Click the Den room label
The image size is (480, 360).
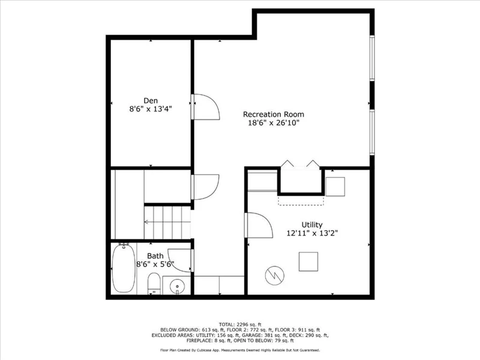click(151, 101)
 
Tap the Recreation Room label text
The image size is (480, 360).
click(274, 115)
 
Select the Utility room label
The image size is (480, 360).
click(312, 225)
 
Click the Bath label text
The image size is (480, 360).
click(155, 256)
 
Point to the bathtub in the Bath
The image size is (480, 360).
click(124, 268)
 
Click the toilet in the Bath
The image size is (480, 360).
click(154, 283)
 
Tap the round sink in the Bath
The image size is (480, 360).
click(177, 286)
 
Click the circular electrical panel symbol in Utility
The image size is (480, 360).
click(275, 275)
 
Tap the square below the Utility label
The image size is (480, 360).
click(308, 262)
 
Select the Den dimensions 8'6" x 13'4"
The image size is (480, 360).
click(151, 109)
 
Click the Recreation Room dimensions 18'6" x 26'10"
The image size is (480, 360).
click(274, 123)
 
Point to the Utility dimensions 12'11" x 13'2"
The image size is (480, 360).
click(312, 233)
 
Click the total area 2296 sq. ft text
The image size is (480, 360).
click(240, 325)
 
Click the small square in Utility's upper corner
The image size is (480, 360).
click(335, 187)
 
